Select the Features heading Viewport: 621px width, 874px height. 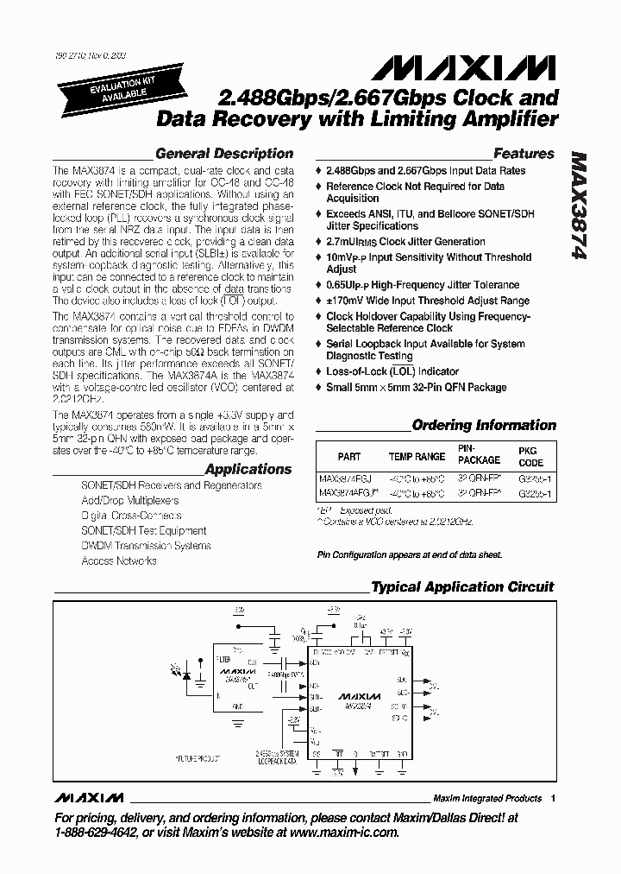pos(524,154)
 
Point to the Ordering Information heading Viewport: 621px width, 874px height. pos(484,425)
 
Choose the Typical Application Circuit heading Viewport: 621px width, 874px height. pos(462,587)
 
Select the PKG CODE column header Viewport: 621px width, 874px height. pos(527,456)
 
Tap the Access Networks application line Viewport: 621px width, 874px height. pos(118,561)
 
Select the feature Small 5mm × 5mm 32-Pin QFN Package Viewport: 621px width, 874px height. pos(416,387)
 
